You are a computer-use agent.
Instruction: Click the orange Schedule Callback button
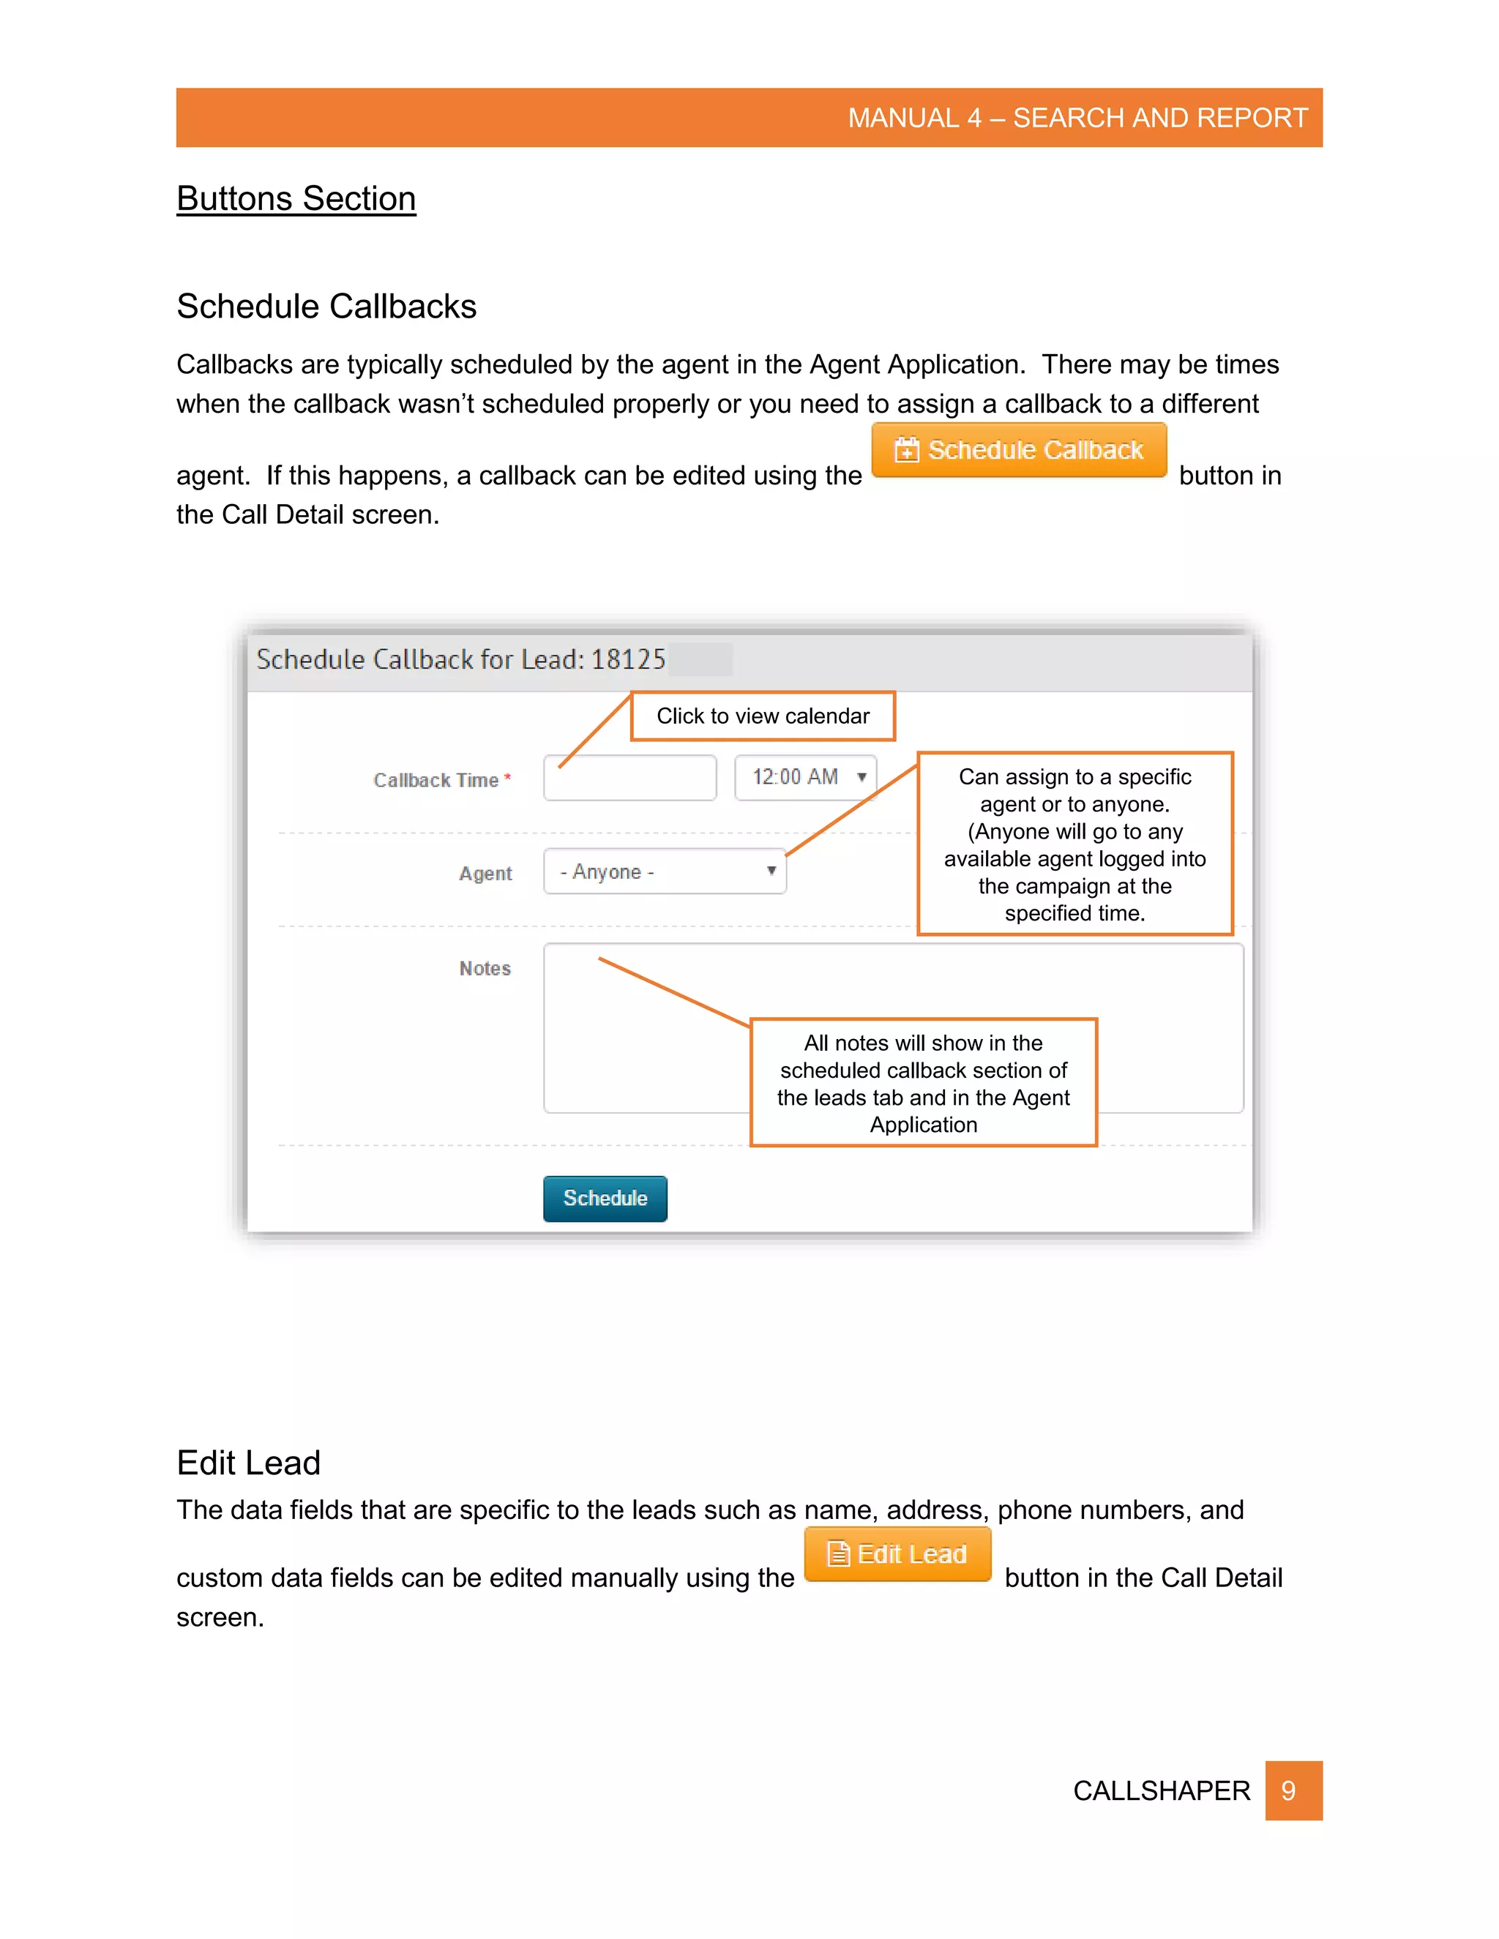coord(1019,450)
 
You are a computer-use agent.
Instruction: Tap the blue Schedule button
coord(605,1199)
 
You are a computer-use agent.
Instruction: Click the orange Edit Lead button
coord(897,1553)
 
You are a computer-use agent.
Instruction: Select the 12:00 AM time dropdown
coord(805,778)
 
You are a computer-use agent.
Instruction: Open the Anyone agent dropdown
coord(665,872)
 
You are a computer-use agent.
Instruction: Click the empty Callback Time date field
coord(629,778)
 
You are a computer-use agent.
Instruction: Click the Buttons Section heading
coord(296,199)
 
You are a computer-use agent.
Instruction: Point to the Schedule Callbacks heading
coord(326,307)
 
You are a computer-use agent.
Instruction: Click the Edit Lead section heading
coord(249,1462)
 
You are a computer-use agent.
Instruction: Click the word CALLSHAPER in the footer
coord(1161,1790)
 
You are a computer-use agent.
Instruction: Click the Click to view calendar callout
coord(762,716)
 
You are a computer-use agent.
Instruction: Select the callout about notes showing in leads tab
coord(923,1083)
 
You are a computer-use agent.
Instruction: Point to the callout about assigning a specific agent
coord(1074,844)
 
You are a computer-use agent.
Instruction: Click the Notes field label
coord(485,969)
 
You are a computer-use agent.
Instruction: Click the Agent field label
coord(485,874)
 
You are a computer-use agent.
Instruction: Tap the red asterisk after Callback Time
coord(508,778)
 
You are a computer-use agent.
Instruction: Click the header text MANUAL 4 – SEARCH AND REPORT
coord(1077,118)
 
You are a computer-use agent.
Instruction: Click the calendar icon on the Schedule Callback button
coord(906,450)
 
